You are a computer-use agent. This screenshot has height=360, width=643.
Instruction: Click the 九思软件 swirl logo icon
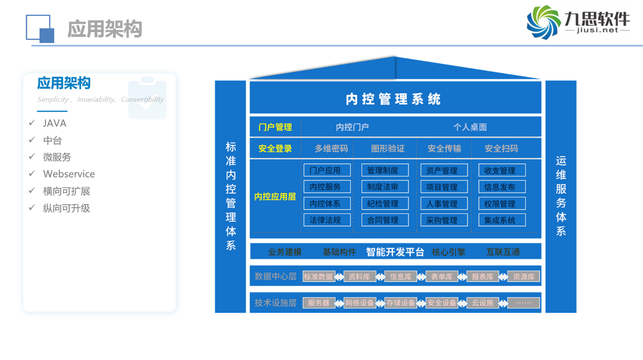544,22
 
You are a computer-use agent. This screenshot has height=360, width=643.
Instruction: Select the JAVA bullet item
55,123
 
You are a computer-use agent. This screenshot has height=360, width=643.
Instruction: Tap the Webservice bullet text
69,174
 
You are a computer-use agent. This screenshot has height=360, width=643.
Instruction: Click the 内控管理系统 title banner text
393,99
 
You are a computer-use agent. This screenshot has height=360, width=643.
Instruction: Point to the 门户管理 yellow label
275,127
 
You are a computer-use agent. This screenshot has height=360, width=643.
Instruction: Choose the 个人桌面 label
470,127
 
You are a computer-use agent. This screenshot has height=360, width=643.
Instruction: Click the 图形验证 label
388,149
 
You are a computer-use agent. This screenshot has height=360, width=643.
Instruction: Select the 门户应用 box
325,170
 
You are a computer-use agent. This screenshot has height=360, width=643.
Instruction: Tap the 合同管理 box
383,220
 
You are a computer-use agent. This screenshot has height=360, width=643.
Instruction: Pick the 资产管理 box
442,170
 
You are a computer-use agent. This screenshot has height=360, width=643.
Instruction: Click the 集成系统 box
501,220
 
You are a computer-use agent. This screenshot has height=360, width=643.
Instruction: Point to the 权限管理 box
501,204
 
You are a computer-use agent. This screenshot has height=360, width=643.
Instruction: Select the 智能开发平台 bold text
395,252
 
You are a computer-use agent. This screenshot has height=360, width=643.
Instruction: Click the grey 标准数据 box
318,276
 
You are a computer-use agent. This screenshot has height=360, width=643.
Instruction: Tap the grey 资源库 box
523,276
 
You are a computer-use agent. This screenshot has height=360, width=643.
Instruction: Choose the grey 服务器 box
318,303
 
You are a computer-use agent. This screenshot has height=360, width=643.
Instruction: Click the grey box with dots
523,303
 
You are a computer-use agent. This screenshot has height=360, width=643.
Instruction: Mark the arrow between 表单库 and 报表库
462,276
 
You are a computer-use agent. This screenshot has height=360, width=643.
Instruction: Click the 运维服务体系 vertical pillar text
561,196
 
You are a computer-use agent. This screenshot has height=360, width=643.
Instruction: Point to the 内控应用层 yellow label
275,196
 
